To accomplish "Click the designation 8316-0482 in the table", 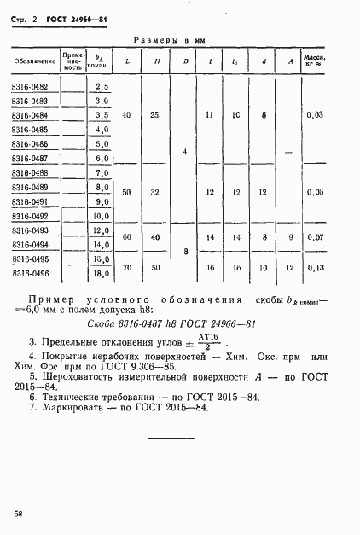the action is (30, 86).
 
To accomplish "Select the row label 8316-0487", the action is (30, 158).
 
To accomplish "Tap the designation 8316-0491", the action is (30, 201).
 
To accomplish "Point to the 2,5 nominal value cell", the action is (103, 86).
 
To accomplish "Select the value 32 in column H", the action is (155, 193).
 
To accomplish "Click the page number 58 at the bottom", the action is (18, 512).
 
